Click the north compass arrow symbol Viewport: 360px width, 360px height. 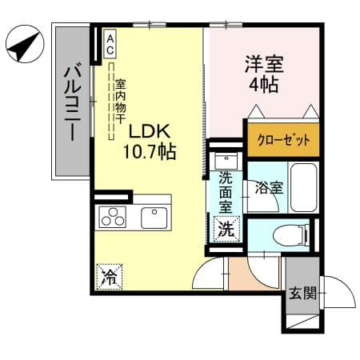point(25,44)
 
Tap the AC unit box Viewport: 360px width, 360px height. point(110,43)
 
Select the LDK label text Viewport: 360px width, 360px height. point(150,132)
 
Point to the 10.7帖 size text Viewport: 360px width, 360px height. point(150,152)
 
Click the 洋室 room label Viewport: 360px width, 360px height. point(264,64)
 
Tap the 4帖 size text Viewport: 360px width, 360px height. point(264,85)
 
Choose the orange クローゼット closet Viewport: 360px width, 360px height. point(283,139)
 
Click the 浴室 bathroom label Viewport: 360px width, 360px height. point(269,188)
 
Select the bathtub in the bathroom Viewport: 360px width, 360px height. point(304,187)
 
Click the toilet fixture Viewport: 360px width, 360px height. point(291,235)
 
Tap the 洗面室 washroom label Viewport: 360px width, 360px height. point(226,193)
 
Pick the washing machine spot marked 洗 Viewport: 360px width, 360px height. point(226,229)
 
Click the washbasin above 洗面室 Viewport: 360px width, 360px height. point(226,162)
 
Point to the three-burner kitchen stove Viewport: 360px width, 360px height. point(113,218)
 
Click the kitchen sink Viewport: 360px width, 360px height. point(154,218)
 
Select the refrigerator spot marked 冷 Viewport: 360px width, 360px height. point(110,277)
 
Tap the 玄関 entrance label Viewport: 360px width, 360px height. point(303,293)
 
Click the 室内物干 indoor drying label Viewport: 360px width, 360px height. point(121,102)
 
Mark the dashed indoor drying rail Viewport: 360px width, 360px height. point(111,102)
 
